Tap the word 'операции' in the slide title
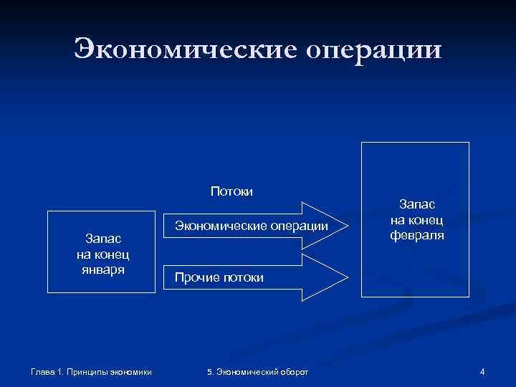coord(374,50)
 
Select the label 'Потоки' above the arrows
coord(231,191)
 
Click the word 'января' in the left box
coord(102,269)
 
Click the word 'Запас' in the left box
coord(102,237)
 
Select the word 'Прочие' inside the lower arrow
coord(188,277)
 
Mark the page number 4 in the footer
coord(482,371)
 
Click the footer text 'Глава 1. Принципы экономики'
coord(90,371)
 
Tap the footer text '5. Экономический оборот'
coord(257,371)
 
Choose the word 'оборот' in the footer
coord(292,371)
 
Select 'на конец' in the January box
coord(102,254)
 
